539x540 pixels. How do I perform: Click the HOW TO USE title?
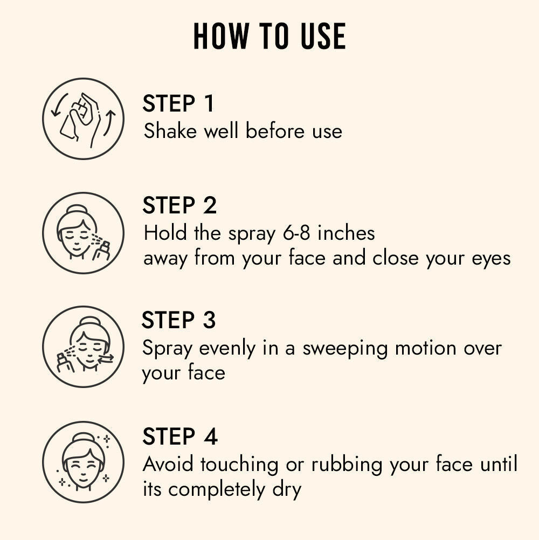point(269,37)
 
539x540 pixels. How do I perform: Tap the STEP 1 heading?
point(178,104)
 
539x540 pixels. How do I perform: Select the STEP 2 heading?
point(179,206)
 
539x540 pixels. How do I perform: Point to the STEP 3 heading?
point(178,320)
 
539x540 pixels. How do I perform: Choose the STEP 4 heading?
point(179,437)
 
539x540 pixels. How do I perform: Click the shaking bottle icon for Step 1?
point(83,119)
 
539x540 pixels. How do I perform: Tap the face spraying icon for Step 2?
point(83,233)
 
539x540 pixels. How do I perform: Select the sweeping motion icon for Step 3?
point(83,347)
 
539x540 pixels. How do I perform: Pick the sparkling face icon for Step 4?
point(83,462)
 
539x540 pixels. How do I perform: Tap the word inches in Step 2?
point(346,233)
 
